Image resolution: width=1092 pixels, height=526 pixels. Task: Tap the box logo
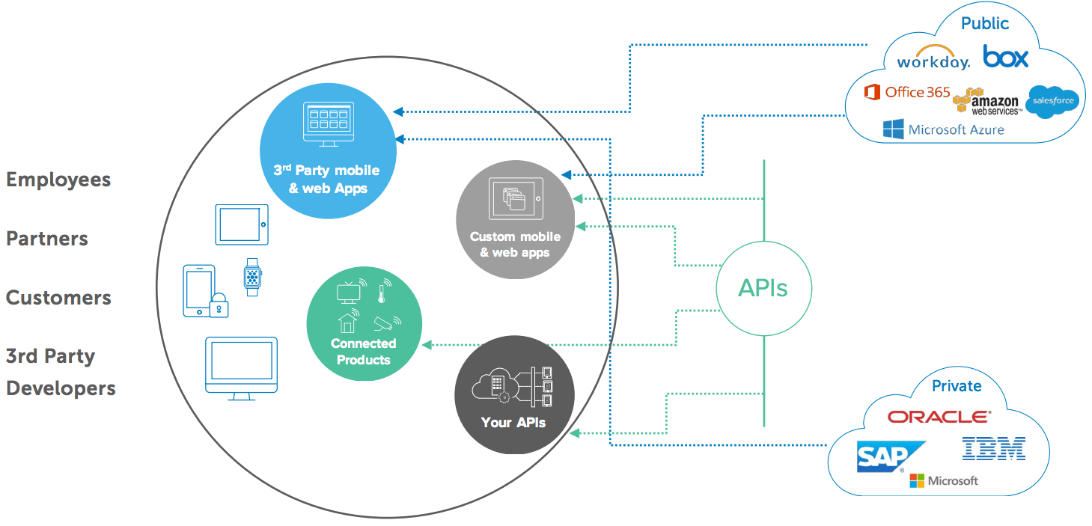(x=1006, y=56)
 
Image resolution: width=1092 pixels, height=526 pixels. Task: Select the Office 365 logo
(x=906, y=92)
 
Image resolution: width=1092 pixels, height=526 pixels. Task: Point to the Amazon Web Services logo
(x=986, y=101)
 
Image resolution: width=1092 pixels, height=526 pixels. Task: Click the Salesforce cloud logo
(x=1052, y=101)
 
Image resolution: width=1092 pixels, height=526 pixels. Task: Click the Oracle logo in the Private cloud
(x=939, y=417)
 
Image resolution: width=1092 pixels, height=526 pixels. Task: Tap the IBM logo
(x=993, y=448)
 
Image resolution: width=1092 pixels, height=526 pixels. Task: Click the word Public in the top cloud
(x=985, y=23)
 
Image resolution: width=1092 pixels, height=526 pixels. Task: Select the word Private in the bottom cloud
(x=957, y=386)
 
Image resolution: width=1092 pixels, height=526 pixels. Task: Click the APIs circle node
(x=763, y=288)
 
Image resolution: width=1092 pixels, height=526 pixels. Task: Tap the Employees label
(x=58, y=180)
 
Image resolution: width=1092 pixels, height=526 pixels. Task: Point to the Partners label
(x=47, y=239)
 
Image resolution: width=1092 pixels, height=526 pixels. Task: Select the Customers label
(x=58, y=298)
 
